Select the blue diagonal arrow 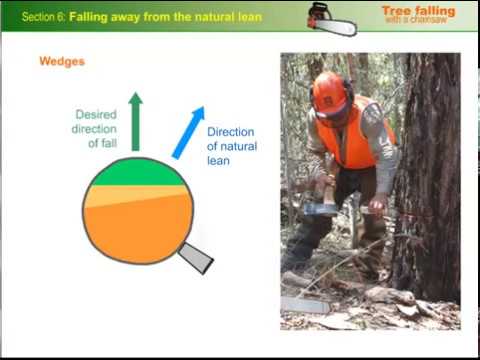click(188, 132)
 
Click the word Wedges click(62, 62)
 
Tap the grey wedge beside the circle click(195, 257)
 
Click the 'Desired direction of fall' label click(96, 129)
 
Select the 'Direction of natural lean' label click(232, 146)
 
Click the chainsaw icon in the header click(331, 17)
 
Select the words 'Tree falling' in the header click(418, 11)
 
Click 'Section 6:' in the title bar click(43, 17)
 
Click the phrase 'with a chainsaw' click(418, 24)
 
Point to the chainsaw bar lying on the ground click(304, 304)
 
